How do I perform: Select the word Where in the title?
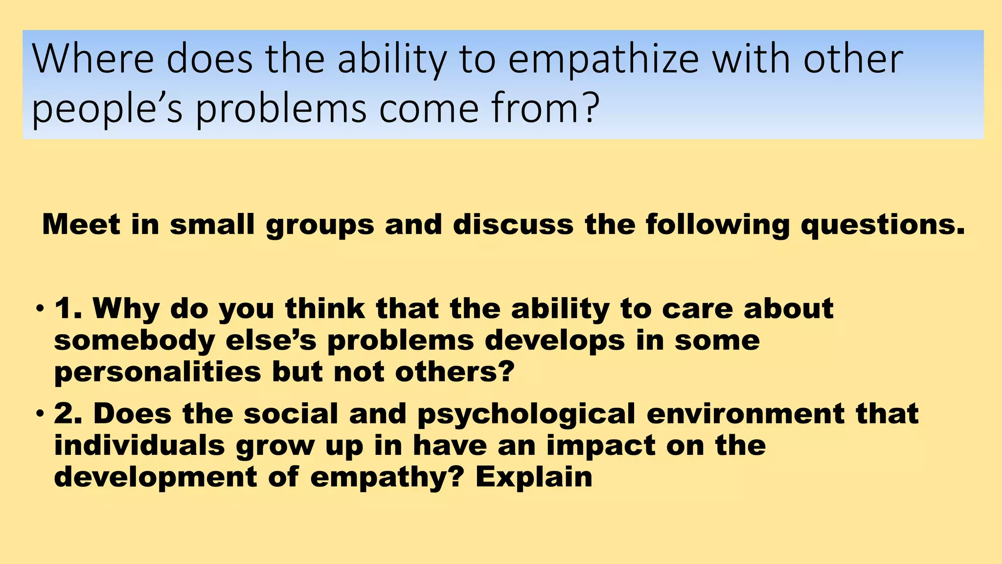[92, 59]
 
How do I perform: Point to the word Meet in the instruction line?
[81, 225]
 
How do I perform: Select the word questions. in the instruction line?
[883, 225]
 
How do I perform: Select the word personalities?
[158, 373]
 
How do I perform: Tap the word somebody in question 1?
[134, 341]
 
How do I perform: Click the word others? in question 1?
[455, 372]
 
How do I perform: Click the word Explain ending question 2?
[534, 477]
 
